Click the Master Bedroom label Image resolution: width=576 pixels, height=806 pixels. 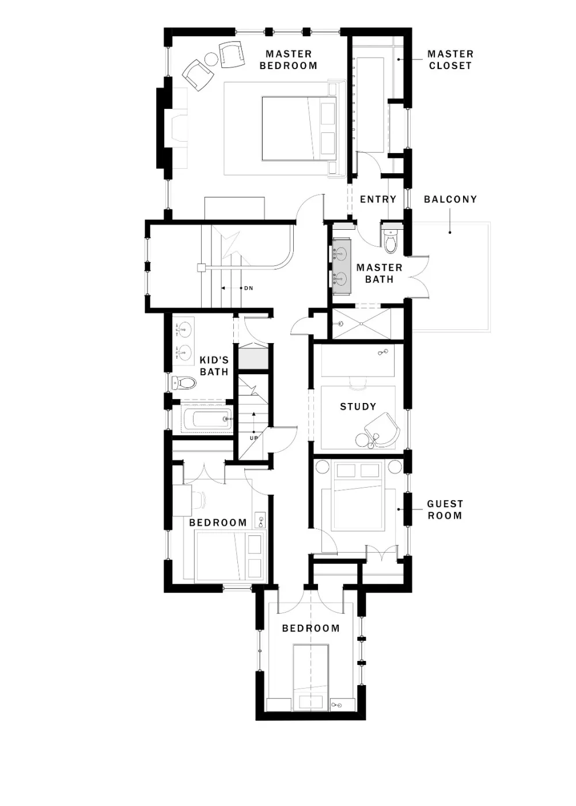(289, 60)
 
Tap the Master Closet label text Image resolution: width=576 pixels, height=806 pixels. (450, 60)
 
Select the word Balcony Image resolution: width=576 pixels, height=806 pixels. (450, 199)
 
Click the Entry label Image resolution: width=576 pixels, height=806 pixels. (378, 199)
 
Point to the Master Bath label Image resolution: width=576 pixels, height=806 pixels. (379, 273)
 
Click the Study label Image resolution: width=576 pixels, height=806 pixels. (358, 406)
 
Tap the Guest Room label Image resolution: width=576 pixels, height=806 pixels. (445, 510)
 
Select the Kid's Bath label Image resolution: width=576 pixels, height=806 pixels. (214, 366)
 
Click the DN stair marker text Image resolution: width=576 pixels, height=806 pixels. (248, 288)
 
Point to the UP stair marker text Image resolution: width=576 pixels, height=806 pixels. (254, 438)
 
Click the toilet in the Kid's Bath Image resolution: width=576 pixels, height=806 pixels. (184, 383)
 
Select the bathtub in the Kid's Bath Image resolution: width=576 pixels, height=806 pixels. (207, 419)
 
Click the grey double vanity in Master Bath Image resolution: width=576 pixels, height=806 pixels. (341, 266)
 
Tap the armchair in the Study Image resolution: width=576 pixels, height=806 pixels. (382, 429)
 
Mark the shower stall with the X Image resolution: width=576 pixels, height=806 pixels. (361, 324)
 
